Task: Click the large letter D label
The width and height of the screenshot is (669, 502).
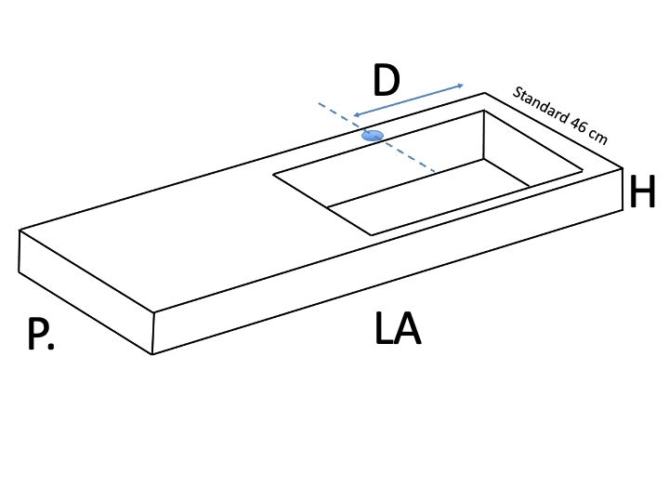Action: tap(387, 80)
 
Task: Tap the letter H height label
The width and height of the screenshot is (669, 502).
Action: tap(642, 192)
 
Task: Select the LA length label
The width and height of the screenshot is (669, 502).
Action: tap(398, 328)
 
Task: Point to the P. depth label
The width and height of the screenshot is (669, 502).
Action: tap(41, 335)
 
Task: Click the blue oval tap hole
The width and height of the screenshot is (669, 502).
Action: tap(373, 136)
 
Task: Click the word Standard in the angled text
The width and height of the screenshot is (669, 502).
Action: tap(541, 105)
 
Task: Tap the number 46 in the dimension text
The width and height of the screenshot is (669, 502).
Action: tap(578, 125)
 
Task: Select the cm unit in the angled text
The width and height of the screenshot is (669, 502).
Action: tap(597, 136)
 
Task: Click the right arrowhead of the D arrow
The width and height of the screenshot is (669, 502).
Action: tap(461, 86)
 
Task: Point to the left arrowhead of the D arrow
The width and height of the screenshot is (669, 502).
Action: tap(356, 115)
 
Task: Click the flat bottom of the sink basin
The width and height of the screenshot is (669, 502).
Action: tap(428, 196)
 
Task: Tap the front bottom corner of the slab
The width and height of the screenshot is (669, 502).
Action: tap(152, 354)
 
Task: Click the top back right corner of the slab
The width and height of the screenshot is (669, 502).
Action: tap(484, 93)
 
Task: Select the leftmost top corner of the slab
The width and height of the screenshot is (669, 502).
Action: tap(20, 231)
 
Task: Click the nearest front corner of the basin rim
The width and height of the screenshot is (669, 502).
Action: tap(371, 235)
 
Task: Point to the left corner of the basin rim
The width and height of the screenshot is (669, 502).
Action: tap(273, 174)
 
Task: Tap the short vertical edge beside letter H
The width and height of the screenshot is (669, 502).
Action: tap(623, 189)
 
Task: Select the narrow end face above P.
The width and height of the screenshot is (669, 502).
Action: tap(86, 292)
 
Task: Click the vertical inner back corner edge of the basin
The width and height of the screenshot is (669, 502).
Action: tap(483, 135)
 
